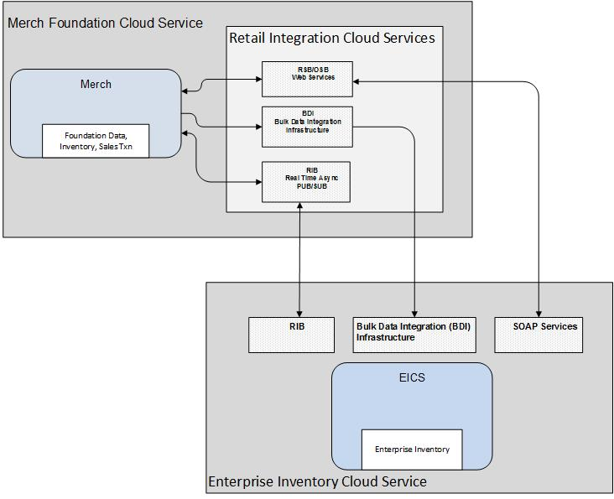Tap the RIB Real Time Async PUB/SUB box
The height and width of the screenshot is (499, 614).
click(x=305, y=181)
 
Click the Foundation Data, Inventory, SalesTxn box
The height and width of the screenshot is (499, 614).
click(x=96, y=140)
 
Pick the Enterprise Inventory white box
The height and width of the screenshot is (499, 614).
click(x=411, y=449)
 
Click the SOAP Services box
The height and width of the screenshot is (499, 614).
click(x=539, y=335)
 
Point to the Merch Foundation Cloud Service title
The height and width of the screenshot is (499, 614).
click(x=105, y=23)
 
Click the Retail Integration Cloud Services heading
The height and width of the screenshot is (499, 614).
click(x=332, y=38)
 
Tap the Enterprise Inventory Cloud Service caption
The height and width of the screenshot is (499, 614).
click(x=317, y=481)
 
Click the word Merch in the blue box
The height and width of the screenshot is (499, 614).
click(x=96, y=84)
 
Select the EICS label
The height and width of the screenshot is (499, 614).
click(x=411, y=377)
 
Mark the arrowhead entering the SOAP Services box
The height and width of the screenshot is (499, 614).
click(x=539, y=314)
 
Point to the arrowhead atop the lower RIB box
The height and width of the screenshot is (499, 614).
click(x=299, y=314)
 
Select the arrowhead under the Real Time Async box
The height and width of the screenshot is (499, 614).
click(x=299, y=206)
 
